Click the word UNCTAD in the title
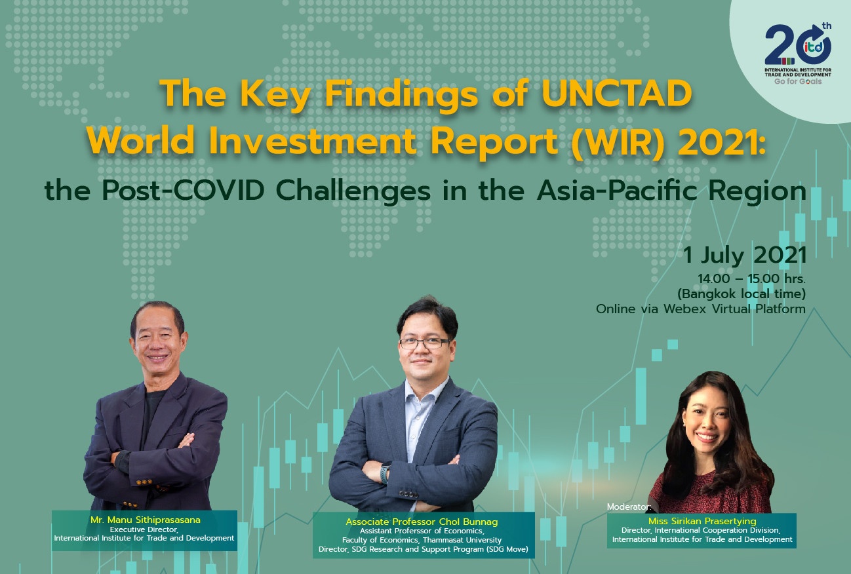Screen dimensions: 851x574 (x=616, y=94)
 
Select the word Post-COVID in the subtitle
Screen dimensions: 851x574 (x=183, y=191)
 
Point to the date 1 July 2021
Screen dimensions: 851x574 (x=744, y=255)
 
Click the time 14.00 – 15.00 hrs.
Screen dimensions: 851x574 (x=751, y=279)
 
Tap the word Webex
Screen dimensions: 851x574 (x=685, y=309)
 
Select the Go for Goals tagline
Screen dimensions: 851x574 (x=798, y=82)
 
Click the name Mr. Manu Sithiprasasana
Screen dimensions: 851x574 (x=145, y=520)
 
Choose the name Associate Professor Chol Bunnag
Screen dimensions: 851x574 (x=422, y=522)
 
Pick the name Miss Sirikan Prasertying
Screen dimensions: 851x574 (x=702, y=521)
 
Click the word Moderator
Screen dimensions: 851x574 (x=628, y=507)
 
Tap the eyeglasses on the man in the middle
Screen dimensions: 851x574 (x=424, y=343)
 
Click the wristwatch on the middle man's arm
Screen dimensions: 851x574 (x=385, y=473)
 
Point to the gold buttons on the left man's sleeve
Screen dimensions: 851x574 (x=144, y=482)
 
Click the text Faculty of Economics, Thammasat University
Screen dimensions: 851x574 (x=422, y=540)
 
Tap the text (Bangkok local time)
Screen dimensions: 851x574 (x=742, y=294)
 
